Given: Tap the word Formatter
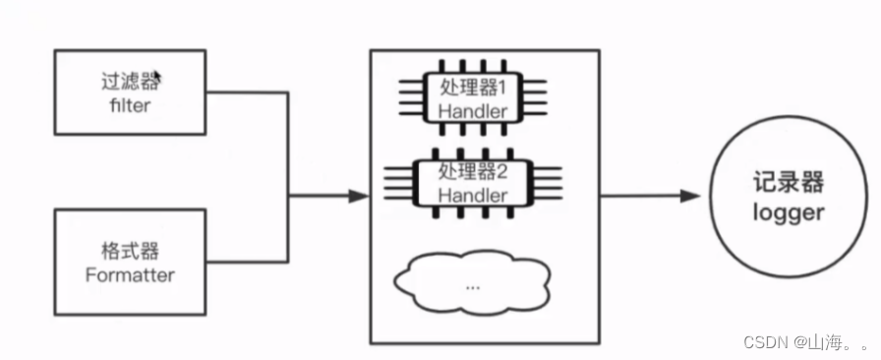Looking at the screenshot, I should (129, 275).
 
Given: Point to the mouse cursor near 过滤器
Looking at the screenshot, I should (157, 76).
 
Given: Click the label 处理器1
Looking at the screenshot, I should (473, 87).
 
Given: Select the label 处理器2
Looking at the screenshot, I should (473, 171).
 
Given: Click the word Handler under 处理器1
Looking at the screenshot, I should (473, 110).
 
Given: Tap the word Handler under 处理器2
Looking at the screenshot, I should (473, 195).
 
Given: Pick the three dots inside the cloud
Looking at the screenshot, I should (473, 286).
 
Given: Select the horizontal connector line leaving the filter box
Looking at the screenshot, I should (246, 93).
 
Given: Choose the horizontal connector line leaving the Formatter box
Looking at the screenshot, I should (246, 263).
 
